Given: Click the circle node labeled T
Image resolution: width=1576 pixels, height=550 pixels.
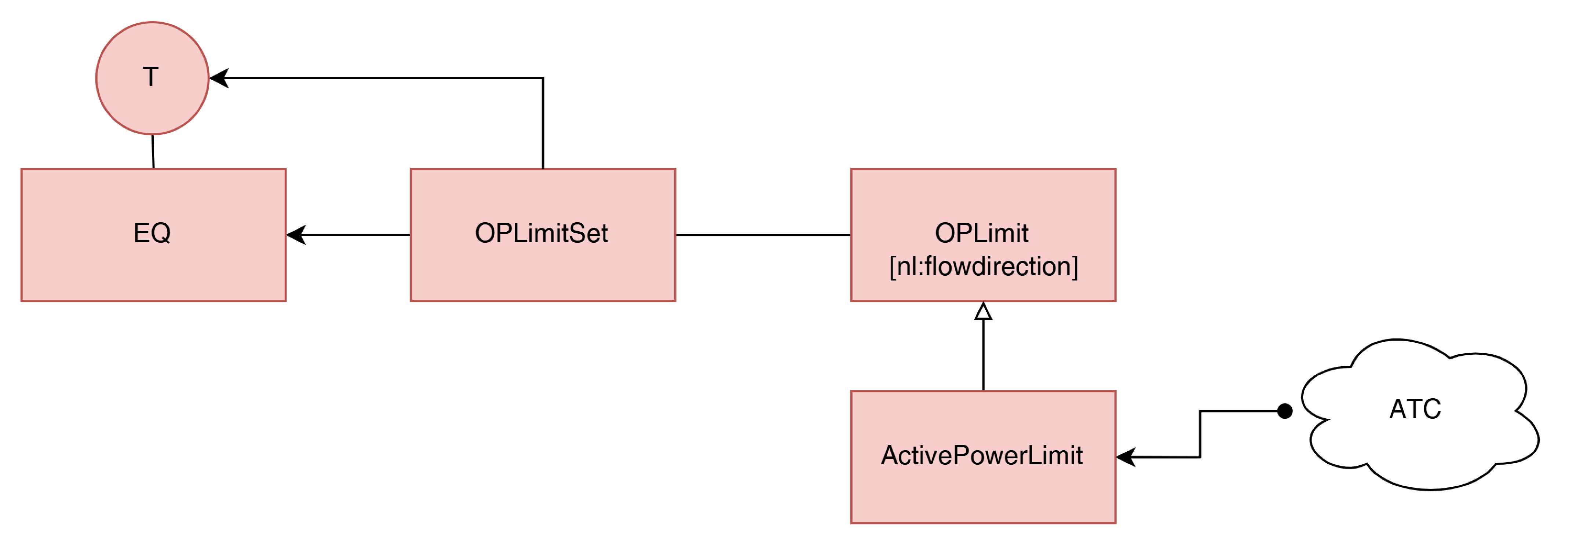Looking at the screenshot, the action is pos(152,78).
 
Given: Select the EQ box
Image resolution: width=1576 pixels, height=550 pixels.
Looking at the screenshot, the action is pos(154,235).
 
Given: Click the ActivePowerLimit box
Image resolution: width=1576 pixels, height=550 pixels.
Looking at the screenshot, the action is pos(983,457).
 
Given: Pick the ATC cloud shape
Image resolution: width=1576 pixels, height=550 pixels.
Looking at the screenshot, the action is pos(1419,415).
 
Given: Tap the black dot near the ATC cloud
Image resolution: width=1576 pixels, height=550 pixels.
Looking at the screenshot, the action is pos(1285,411).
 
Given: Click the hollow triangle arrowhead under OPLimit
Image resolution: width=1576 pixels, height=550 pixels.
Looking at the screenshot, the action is pos(983,311).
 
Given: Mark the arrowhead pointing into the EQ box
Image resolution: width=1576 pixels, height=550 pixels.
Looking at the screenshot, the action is pos(296,235).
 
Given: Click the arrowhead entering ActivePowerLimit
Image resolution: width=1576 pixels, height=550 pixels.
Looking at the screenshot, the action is pos(1126,457).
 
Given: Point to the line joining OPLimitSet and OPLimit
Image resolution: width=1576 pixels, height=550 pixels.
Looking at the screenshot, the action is pos(763,235).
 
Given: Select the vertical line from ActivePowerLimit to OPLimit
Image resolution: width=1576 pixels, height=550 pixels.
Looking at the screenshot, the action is pos(983,355).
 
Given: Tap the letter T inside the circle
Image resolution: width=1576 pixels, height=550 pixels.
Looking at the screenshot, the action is pos(150,77).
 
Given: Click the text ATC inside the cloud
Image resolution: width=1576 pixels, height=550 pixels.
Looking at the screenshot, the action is pos(1415,409).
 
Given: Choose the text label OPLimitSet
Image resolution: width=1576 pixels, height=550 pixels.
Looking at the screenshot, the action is pos(541,233).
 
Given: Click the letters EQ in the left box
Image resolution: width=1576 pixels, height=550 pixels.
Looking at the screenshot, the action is pos(152,233).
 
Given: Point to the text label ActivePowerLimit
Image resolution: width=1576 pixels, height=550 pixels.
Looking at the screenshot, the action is pos(982,455).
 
